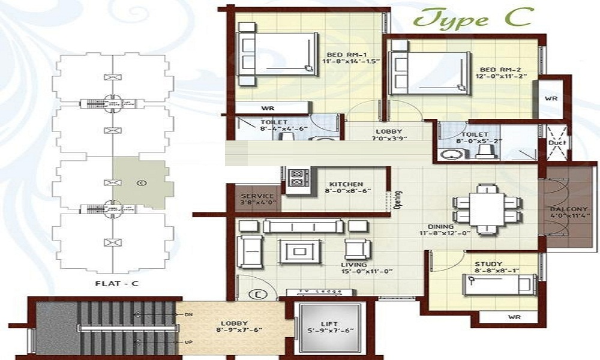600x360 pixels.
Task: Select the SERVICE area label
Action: pos(257,196)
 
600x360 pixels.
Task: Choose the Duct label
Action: pos(555,144)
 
